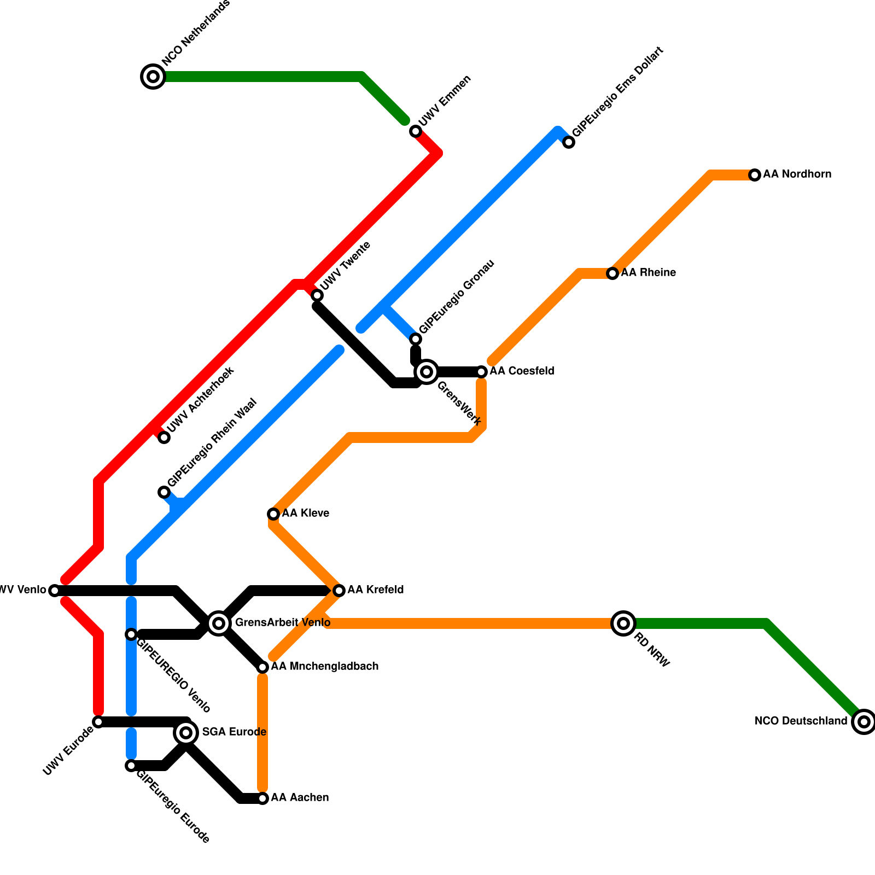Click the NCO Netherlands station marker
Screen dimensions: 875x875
[x=154, y=77]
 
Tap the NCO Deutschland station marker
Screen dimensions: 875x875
[x=864, y=722]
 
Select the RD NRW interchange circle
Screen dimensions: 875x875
[x=623, y=623]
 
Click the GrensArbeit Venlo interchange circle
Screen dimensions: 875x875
[x=219, y=623]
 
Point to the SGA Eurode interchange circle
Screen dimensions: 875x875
[x=186, y=733]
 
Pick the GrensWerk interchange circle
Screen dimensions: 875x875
[x=427, y=372]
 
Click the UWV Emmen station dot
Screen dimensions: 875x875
[x=416, y=131]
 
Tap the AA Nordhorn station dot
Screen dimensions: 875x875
[x=755, y=175]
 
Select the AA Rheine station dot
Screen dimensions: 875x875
[x=612, y=273]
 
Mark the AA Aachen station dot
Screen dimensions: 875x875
[x=262, y=798]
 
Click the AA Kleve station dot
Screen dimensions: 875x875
[x=273, y=514]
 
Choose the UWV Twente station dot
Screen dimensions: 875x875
[x=317, y=295]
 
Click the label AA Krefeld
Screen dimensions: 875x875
[x=376, y=590]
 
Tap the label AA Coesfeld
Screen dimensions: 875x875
[x=522, y=371]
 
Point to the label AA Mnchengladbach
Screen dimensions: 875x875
[x=325, y=667]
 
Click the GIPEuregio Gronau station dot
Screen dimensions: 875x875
[x=416, y=339]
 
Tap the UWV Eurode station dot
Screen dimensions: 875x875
[x=98, y=722]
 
